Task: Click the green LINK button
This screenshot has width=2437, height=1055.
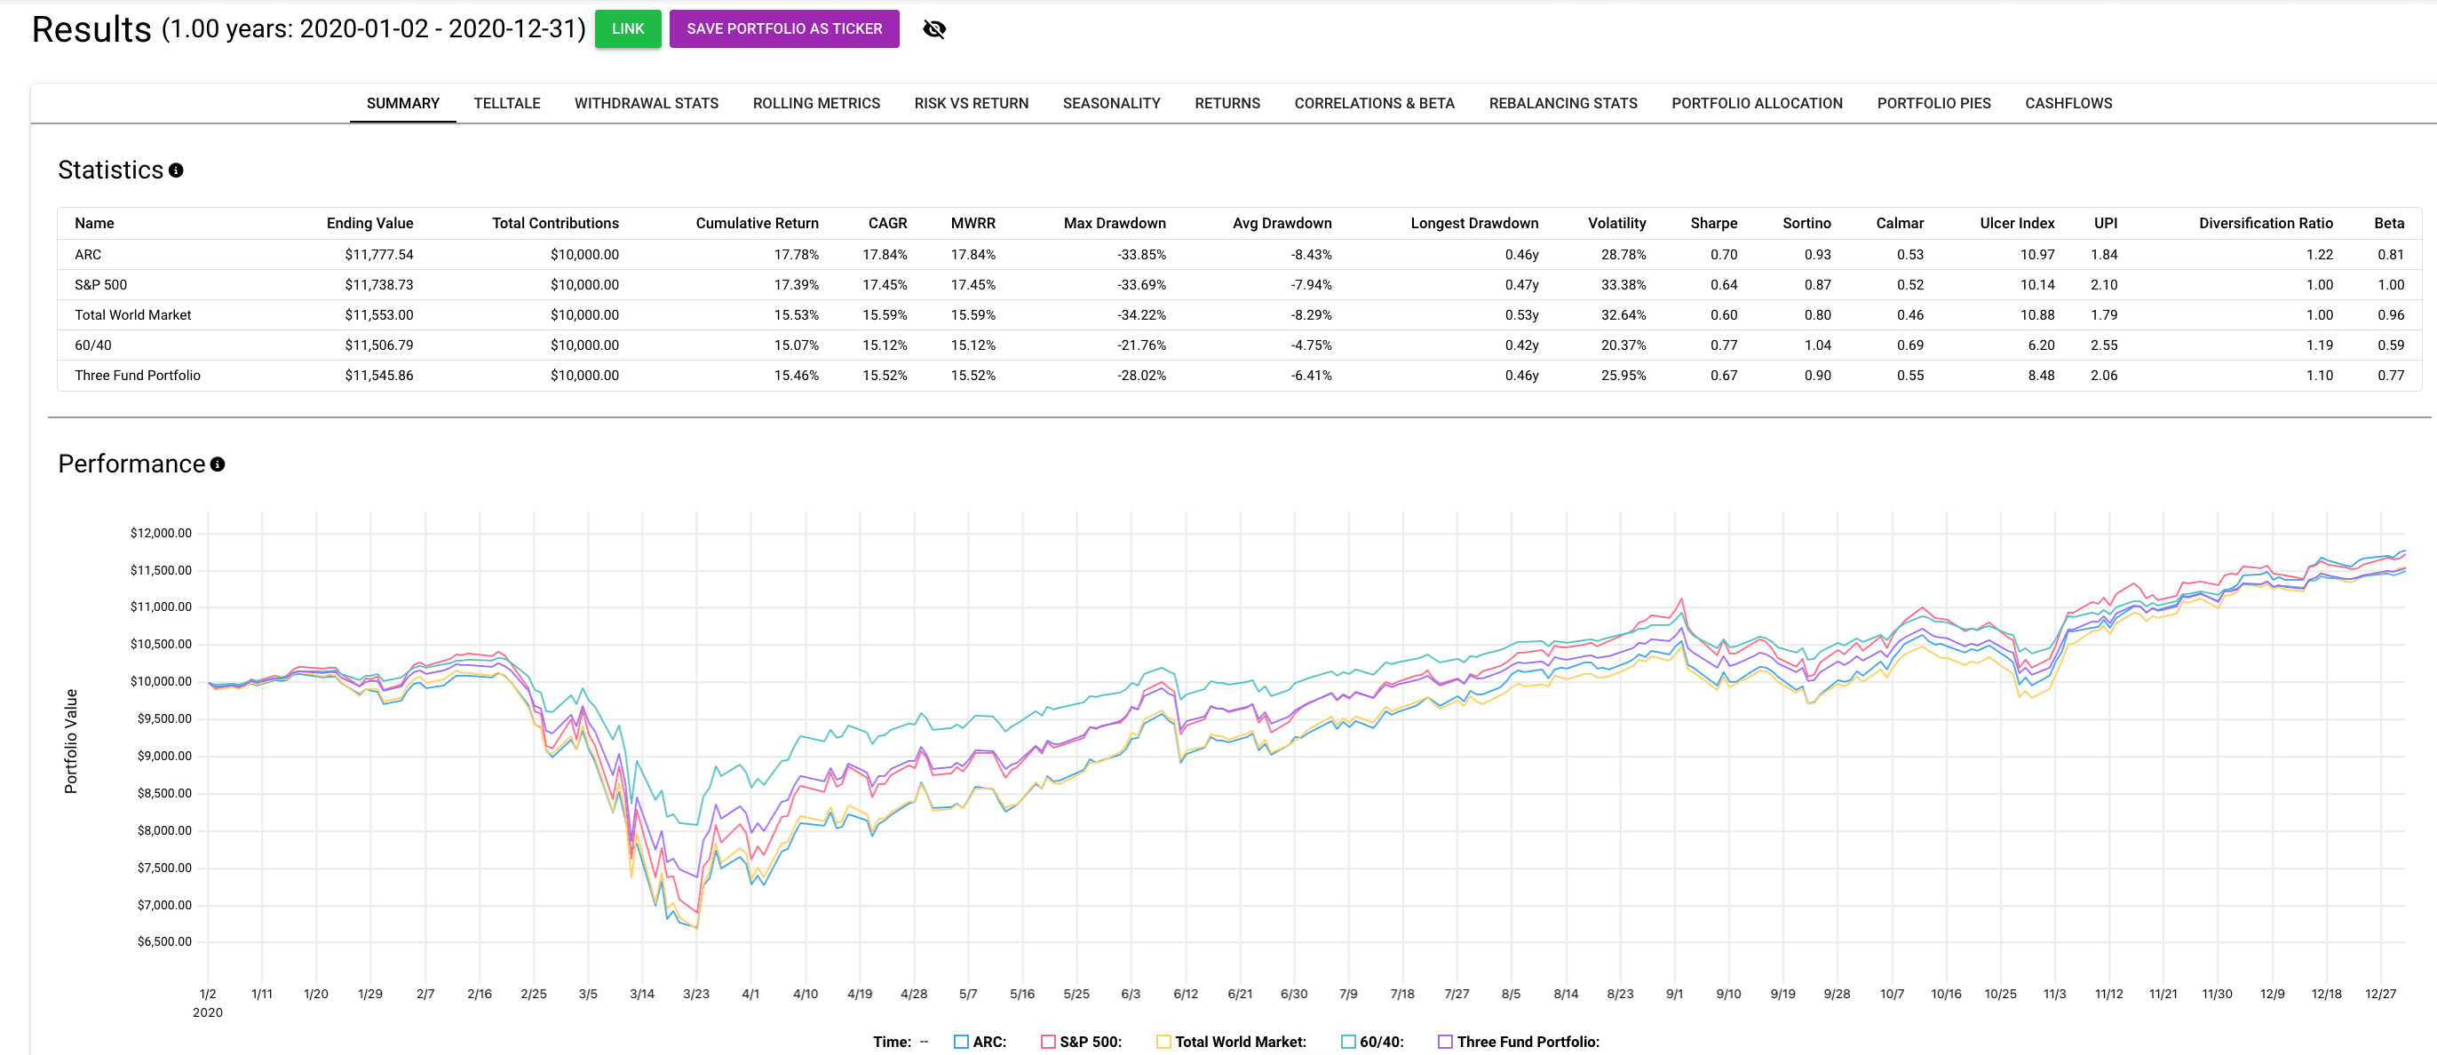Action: coord(627,28)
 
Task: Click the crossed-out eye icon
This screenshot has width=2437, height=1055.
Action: coord(933,29)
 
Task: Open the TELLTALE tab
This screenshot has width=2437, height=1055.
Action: coord(506,103)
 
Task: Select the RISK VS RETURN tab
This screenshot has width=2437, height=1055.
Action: coord(971,103)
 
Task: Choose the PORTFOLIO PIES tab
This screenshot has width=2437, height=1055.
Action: coord(1933,103)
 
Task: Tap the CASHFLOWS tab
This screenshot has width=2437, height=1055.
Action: coord(2068,103)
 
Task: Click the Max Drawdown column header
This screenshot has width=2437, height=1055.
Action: coord(1114,223)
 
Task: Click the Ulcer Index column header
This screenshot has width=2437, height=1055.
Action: coord(2016,223)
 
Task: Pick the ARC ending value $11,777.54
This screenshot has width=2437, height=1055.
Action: coord(378,255)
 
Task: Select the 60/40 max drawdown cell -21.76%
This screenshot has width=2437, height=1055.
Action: coord(1141,345)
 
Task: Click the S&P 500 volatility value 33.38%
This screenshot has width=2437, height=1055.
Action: coord(1623,285)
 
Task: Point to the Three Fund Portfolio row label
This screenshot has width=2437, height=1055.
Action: coord(137,376)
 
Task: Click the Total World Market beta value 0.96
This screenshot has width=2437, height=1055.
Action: coord(2390,315)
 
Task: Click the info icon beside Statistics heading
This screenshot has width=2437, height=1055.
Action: coord(176,171)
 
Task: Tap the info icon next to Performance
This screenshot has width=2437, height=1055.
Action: coord(218,464)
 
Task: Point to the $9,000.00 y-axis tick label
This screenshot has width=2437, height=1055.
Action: coord(163,756)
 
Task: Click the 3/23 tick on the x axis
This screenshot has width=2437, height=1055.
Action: coord(695,994)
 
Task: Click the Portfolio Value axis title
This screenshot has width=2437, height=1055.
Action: coord(71,740)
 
